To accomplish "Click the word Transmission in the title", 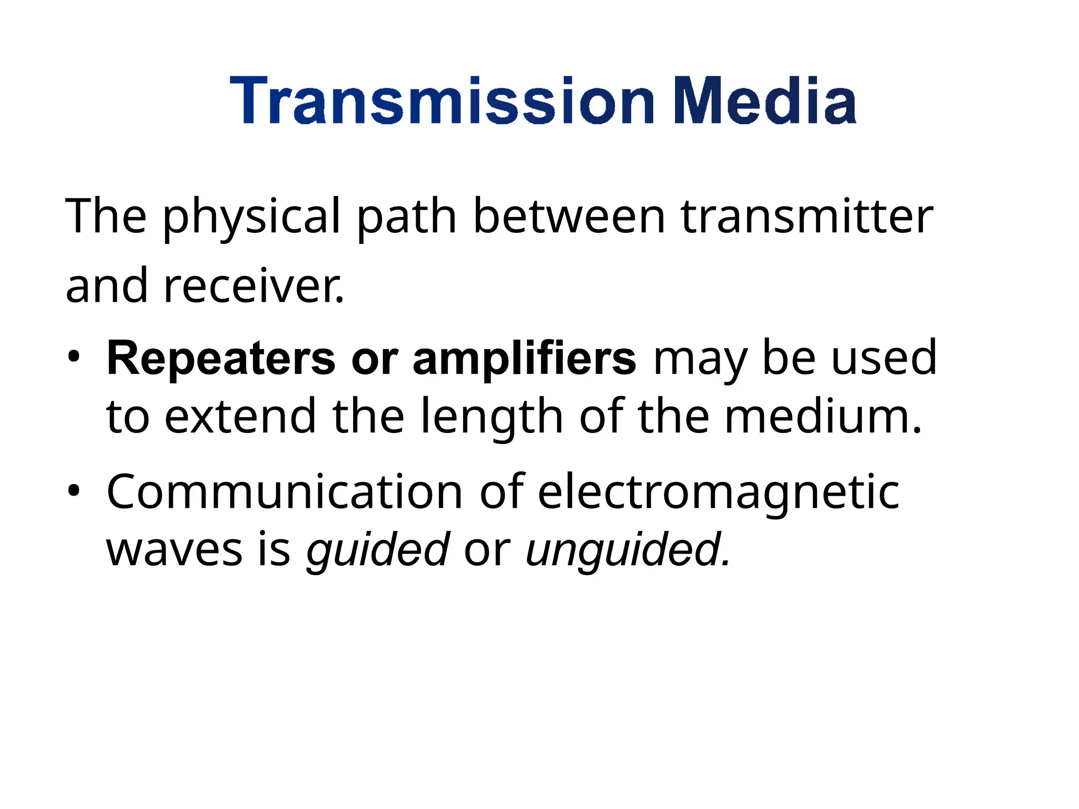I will [x=442, y=101].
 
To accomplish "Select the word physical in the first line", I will [x=251, y=217].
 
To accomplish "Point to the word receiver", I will [x=253, y=287].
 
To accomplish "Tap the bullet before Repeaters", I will [x=73, y=358].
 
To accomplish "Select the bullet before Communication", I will [x=73, y=491].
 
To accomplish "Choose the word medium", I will [x=822, y=416].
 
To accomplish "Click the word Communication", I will [x=285, y=492].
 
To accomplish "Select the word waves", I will [x=174, y=550].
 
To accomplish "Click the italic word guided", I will [x=378, y=551].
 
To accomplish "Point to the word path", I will [x=406, y=217].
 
